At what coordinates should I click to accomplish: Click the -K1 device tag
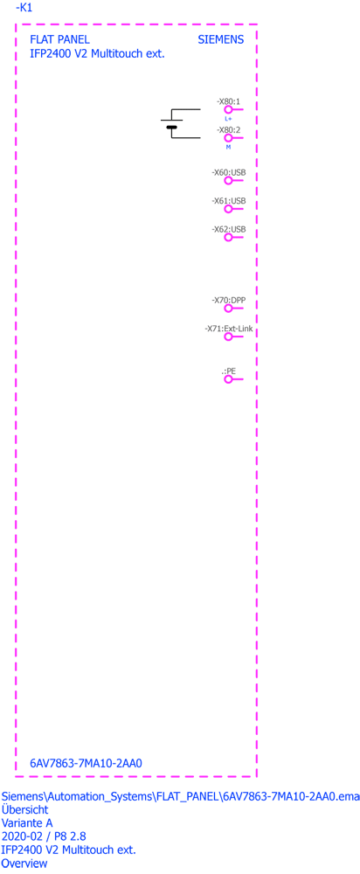24,8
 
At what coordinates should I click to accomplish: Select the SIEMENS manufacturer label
221,40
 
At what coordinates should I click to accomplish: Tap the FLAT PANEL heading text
59,40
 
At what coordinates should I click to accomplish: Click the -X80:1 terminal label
228,102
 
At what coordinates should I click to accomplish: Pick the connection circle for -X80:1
228,110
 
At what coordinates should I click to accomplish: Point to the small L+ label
228,119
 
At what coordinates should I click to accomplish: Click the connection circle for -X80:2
228,138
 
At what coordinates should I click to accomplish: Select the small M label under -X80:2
228,147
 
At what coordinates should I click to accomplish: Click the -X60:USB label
228,173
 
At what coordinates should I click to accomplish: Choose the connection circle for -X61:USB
228,209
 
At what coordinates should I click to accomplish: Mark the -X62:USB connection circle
228,238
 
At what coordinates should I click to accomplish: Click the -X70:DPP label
228,301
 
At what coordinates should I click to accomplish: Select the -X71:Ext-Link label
228,329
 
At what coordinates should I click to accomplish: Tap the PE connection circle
228,379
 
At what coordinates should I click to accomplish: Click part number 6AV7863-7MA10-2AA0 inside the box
86,762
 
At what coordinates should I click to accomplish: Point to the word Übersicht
25,808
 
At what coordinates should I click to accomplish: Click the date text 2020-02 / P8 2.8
44,836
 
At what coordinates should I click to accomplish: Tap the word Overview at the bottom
24,864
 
